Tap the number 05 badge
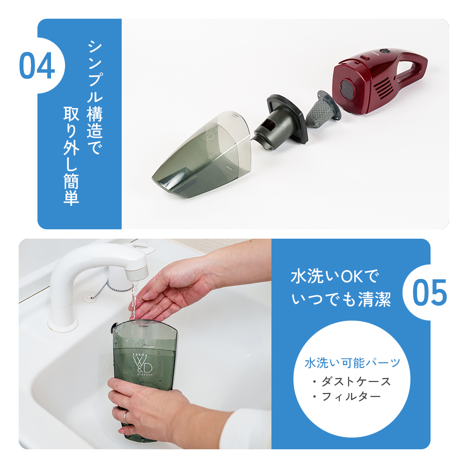(429, 292)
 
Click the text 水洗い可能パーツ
(352, 363)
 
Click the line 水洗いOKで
(333, 276)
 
